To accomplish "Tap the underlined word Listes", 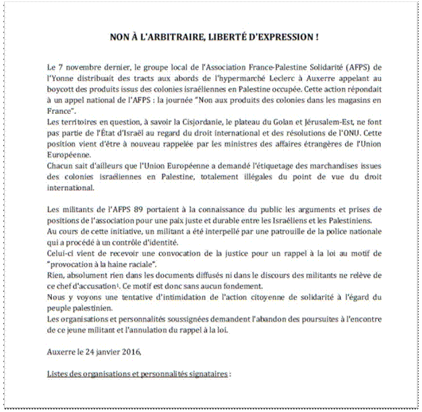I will (x=59, y=372).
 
